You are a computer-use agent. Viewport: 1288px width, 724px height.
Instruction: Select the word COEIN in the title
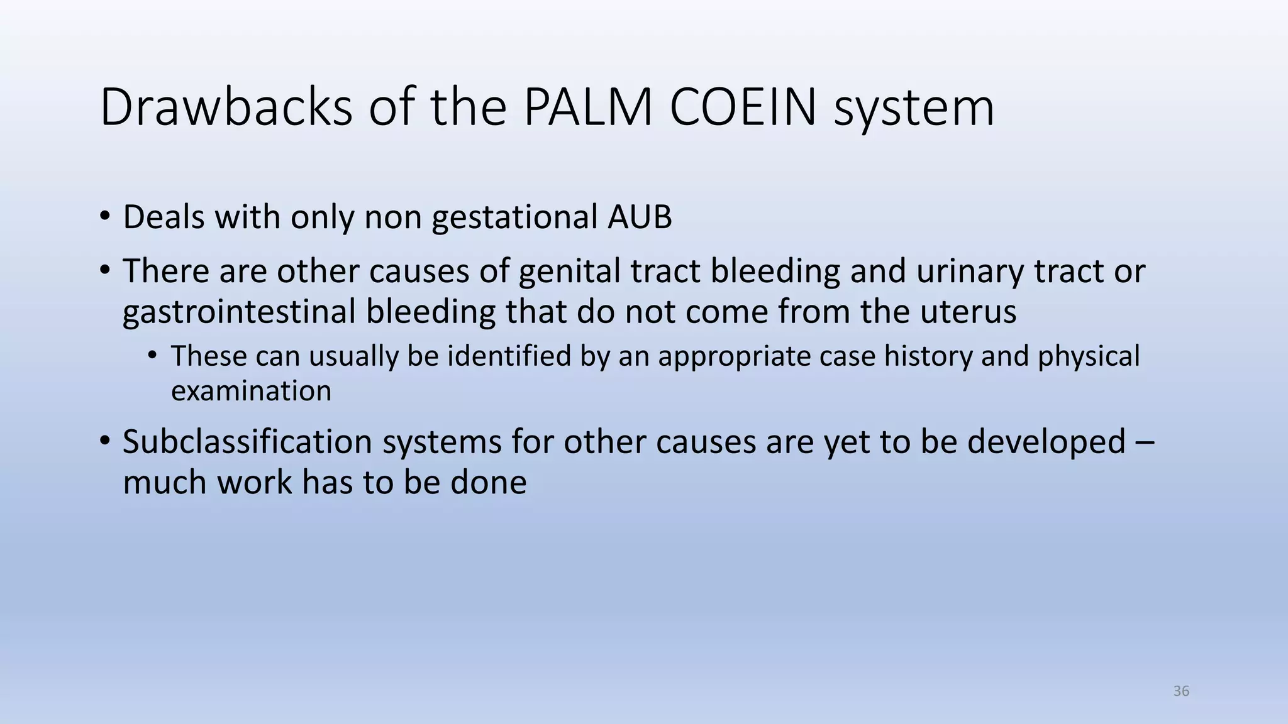(x=743, y=107)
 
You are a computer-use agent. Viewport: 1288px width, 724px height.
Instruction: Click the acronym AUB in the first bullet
(x=640, y=217)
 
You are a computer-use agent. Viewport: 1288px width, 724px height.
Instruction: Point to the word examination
(x=251, y=391)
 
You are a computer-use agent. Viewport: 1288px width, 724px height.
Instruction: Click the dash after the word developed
(x=1146, y=443)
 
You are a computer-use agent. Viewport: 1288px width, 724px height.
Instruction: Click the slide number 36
(x=1181, y=691)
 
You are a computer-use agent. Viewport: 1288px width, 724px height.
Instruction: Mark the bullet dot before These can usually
(x=152, y=356)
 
